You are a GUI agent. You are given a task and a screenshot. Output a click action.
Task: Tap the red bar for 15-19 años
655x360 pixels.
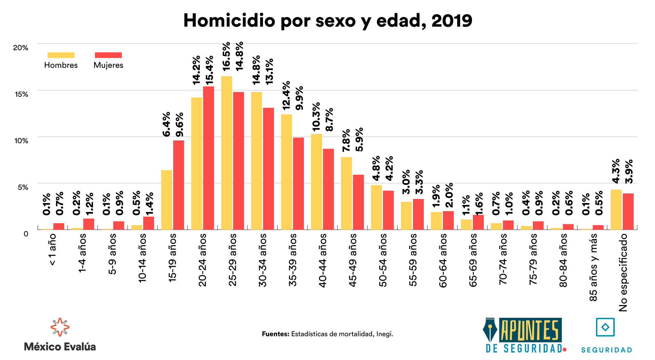[x=178, y=185]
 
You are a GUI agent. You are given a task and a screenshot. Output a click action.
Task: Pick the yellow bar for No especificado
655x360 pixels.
[x=616, y=209]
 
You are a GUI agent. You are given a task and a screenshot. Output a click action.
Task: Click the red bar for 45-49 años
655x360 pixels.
[x=358, y=202]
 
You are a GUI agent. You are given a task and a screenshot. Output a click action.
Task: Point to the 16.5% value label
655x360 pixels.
[x=226, y=56]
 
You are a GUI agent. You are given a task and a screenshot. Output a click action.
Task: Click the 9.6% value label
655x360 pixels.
[x=179, y=124]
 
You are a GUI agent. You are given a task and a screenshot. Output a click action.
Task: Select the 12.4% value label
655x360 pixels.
[x=286, y=95]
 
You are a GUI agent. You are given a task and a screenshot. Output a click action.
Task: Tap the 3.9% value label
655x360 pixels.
[x=629, y=171]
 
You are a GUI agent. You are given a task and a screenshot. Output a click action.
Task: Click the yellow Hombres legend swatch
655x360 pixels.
[x=61, y=55]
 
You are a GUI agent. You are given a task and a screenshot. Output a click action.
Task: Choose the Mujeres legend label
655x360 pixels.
[x=108, y=65]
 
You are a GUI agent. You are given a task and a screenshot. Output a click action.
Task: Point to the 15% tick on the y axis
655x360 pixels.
[x=21, y=94]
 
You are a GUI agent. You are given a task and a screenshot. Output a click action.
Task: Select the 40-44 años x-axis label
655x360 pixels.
[x=323, y=260]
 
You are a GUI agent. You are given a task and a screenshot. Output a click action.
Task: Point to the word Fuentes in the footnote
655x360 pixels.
[x=275, y=334]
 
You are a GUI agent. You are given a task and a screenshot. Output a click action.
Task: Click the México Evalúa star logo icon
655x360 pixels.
[x=60, y=327]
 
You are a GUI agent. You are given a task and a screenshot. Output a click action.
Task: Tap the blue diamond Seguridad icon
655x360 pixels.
[x=605, y=327]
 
